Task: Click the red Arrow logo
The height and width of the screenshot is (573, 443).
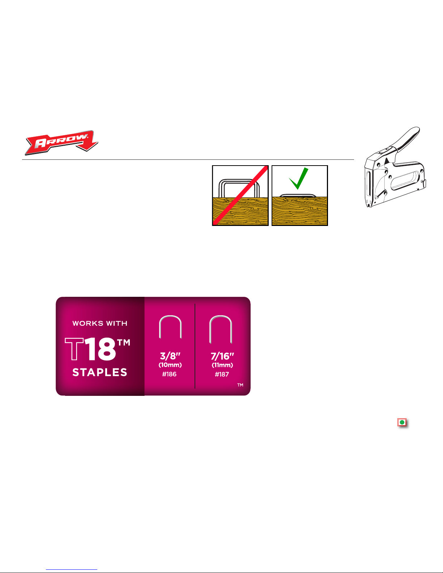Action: [x=61, y=142]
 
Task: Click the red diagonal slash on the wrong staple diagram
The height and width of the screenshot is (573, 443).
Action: [x=240, y=196]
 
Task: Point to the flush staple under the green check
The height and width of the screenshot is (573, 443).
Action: [x=298, y=196]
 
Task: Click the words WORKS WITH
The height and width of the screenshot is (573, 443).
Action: [x=100, y=324]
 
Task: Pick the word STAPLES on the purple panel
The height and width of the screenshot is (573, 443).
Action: [x=100, y=372]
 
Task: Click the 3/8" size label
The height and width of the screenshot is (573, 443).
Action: [x=170, y=356]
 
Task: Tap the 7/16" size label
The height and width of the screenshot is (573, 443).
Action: [x=222, y=356]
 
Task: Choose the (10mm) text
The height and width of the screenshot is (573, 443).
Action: [x=170, y=365]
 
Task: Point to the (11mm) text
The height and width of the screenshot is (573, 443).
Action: [x=222, y=365]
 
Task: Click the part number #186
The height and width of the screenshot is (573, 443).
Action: [x=169, y=374]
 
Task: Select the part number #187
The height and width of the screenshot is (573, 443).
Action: [x=222, y=375]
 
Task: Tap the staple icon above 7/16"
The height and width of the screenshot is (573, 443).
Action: [x=220, y=329]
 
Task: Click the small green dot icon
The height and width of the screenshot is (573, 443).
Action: [x=402, y=422]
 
